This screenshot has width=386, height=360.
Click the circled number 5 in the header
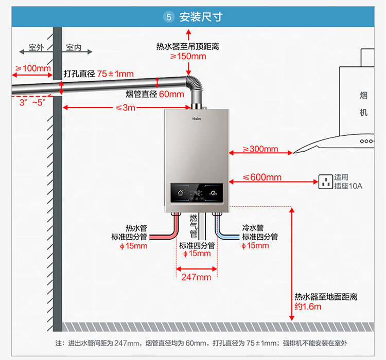point(169,17)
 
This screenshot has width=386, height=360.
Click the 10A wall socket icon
point(325,181)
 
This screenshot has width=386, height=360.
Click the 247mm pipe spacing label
point(196,277)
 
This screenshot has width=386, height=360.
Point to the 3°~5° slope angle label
point(32,102)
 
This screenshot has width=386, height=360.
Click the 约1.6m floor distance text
point(308,307)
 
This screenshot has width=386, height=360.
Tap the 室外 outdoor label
point(36,48)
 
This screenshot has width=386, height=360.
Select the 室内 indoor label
point(74,48)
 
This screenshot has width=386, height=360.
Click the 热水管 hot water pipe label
point(136,228)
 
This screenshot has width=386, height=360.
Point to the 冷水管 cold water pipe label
point(253,228)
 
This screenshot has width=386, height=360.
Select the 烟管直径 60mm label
point(154,94)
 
